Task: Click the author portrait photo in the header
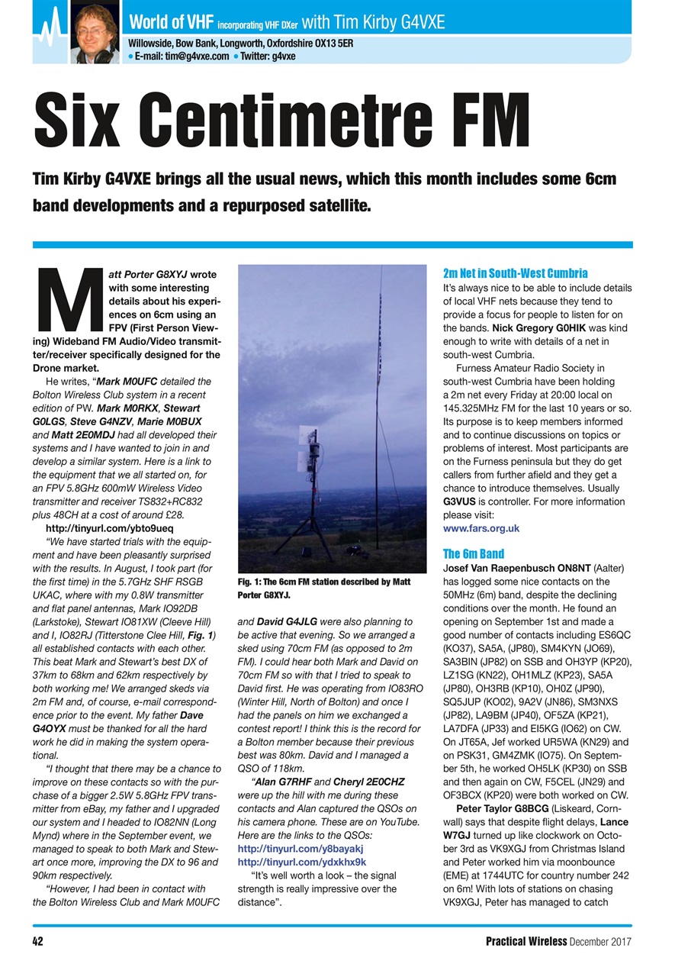tap(95, 32)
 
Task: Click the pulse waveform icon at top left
tap(49, 31)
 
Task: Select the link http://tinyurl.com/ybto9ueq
tap(110, 528)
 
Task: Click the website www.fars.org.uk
tap(481, 527)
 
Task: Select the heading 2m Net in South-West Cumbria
tap(515, 272)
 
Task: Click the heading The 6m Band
tap(474, 553)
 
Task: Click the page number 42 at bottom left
tap(37, 941)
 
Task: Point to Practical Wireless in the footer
tap(526, 941)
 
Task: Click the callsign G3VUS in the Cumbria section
tap(460, 501)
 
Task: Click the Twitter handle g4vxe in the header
tap(284, 56)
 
